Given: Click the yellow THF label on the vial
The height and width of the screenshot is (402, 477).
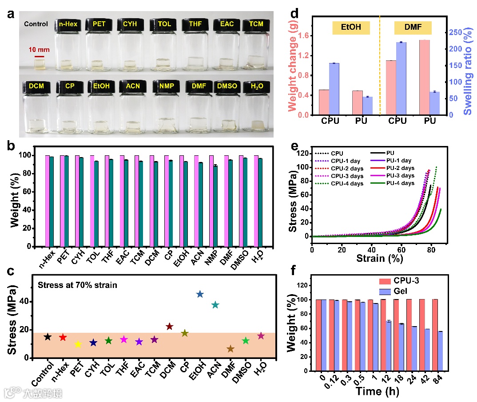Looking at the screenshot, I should (195, 24).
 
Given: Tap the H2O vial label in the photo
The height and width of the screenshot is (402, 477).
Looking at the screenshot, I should (255, 86).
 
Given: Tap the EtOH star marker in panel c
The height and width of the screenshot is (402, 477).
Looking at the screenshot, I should (200, 294).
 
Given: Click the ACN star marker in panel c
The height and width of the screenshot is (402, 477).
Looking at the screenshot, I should (215, 305).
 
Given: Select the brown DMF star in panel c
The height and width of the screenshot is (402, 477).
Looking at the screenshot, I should (230, 349).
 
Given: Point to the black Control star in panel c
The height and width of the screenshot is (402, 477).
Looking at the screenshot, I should (48, 337).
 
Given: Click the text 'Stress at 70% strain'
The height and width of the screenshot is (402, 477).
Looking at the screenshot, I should (77, 285).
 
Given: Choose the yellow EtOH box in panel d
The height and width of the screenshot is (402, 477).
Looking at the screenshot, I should (350, 28).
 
